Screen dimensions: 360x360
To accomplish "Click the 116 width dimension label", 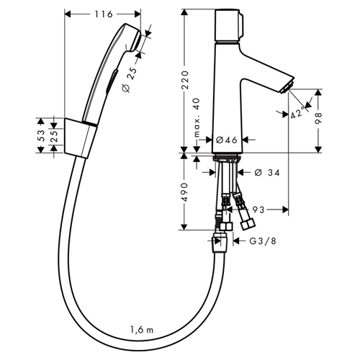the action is click(104, 14).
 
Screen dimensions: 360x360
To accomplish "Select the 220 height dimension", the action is click(185, 80).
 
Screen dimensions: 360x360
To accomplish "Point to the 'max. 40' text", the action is click(197, 117).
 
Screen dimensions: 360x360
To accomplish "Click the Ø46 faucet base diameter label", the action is click(227, 140).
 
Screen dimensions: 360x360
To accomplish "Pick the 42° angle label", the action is click(297, 112).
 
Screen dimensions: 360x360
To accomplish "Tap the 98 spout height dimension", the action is click(318, 118).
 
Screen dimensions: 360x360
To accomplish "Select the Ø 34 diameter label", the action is click(267, 172).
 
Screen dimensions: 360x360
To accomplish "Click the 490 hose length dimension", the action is click(184, 192).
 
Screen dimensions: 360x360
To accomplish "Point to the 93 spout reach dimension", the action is click(258, 210).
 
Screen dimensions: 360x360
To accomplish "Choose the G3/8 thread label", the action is click(263, 240).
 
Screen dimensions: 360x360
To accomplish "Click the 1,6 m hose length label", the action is click(142, 330).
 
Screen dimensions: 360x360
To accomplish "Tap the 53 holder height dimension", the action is click(41, 135).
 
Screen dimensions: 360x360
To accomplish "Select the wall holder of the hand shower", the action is click(81, 138).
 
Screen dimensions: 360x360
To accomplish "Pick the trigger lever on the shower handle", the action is click(112, 81).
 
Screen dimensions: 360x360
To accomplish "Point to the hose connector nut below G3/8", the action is click(220, 243).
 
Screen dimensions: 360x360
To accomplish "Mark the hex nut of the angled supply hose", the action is click(248, 225).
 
